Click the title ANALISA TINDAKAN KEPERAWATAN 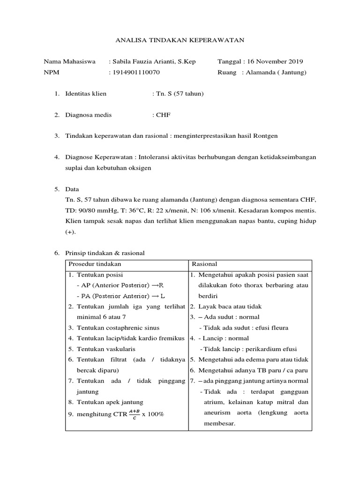180,41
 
